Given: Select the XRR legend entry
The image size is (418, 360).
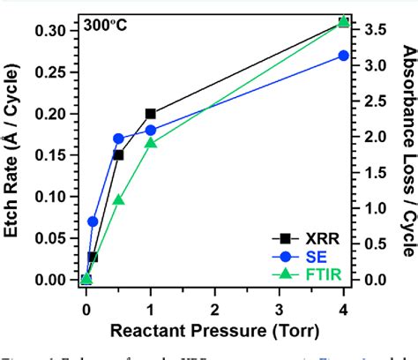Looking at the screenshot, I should [x=309, y=237].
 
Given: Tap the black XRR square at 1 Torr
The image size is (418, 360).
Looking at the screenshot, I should [x=151, y=114].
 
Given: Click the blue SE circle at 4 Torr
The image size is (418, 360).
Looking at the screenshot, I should [x=344, y=56].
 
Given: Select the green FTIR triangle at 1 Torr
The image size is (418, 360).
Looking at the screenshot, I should [x=151, y=142].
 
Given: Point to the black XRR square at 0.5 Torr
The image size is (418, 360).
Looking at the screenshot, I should [x=118, y=155].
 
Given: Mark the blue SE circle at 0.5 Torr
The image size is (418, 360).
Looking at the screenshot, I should [x=118, y=139].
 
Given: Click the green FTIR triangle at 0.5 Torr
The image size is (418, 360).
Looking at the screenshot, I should [x=118, y=199].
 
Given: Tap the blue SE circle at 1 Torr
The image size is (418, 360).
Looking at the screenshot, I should [x=151, y=130].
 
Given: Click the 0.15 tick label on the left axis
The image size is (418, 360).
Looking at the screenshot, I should [x=54, y=155].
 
